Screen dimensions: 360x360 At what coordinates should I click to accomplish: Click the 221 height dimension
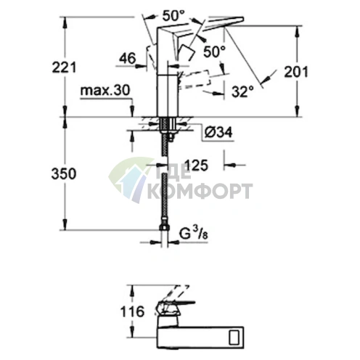[x=64, y=67]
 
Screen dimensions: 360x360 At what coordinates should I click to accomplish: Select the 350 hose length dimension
[x=64, y=173]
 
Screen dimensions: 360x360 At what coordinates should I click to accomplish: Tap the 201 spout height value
[x=296, y=72]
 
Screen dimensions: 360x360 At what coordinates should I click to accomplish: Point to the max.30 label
[x=105, y=91]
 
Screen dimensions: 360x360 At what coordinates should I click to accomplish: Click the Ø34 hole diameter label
[x=218, y=133]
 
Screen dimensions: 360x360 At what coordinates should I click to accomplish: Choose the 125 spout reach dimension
[x=196, y=165]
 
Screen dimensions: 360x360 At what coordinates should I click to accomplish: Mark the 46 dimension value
[x=128, y=58]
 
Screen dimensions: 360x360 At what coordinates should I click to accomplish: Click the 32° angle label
[x=242, y=91]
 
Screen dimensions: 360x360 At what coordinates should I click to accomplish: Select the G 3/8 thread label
[x=194, y=233]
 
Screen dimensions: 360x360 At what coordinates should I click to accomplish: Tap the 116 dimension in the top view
[x=132, y=311]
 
